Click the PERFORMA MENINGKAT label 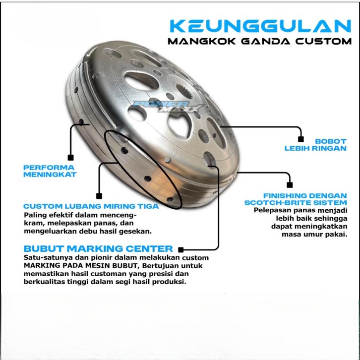coord(50,171)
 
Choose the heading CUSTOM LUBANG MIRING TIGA coord(91,206)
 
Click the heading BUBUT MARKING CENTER coord(98,248)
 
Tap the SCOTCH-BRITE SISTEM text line coord(296,202)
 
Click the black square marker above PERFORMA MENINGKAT coord(71,157)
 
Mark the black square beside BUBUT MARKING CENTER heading coord(181,250)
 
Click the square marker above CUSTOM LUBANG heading coord(99,196)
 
